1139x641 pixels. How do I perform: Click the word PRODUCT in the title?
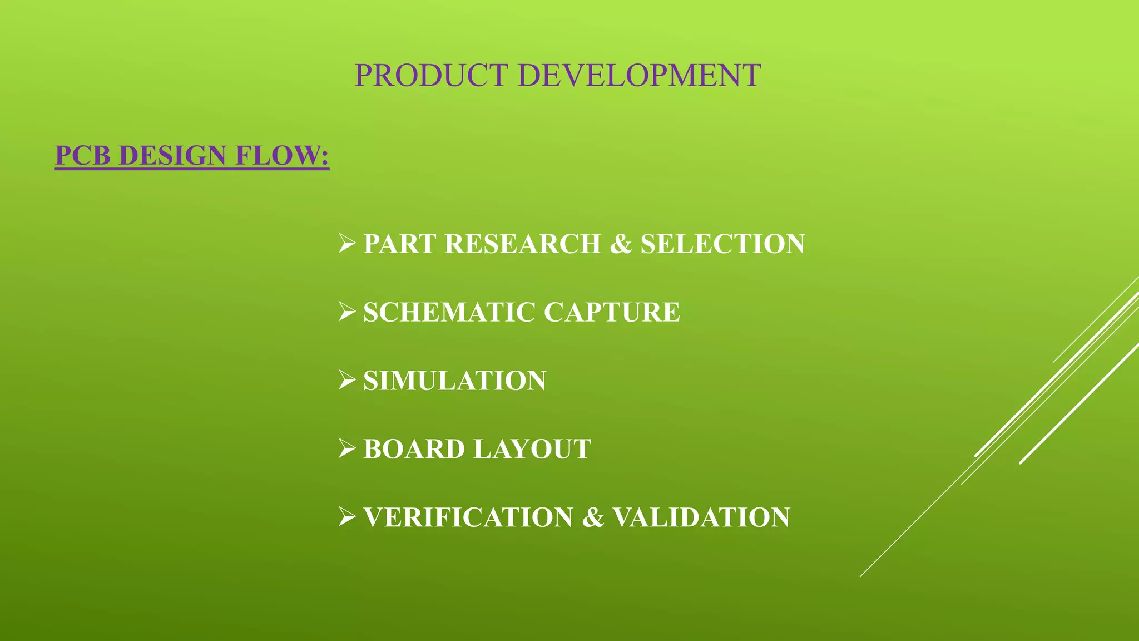pos(431,76)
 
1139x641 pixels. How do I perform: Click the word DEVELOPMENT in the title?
pos(639,76)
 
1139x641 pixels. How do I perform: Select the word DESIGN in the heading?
pos(172,155)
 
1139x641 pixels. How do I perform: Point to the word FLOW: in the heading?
pos(282,155)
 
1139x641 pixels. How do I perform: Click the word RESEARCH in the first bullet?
pos(523,244)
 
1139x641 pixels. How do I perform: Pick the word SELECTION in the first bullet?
pos(722,244)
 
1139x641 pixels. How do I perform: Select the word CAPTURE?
pos(612,312)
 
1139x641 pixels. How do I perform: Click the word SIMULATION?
pos(454,381)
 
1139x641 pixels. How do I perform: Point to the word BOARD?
pos(414,449)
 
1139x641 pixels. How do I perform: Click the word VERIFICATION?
pos(468,517)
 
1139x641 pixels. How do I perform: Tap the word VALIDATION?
pos(701,517)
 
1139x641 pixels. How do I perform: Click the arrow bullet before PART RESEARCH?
pos(346,244)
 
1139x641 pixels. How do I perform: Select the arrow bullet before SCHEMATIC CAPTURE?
pos(346,312)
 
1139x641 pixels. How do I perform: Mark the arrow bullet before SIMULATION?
pos(346,381)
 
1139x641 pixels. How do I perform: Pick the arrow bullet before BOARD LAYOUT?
pos(346,449)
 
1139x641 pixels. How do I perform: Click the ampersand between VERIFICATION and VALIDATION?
pos(593,517)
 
